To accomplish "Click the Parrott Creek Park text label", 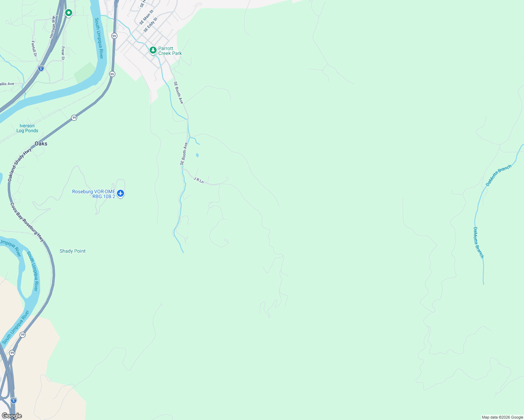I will [x=170, y=51].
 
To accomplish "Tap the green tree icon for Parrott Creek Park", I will [x=153, y=50].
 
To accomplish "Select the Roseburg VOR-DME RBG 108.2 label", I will [x=94, y=194].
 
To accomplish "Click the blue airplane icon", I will [x=120, y=193].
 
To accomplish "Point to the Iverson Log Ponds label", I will [x=27, y=128].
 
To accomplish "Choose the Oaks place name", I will [x=41, y=143].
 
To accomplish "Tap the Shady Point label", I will [x=73, y=251].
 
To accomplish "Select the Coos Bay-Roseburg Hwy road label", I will [x=27, y=222].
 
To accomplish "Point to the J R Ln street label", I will [x=199, y=180].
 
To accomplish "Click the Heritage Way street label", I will [x=53, y=27].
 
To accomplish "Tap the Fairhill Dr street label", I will [x=34, y=49].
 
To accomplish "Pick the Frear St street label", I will [x=63, y=53].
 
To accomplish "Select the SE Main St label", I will [x=146, y=17].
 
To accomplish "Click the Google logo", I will [x=12, y=416].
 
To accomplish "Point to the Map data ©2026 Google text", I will [x=502, y=417].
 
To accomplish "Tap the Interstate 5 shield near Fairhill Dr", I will [x=41, y=69].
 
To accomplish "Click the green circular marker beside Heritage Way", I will [x=69, y=13].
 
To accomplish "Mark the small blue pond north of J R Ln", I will [x=197, y=155].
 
